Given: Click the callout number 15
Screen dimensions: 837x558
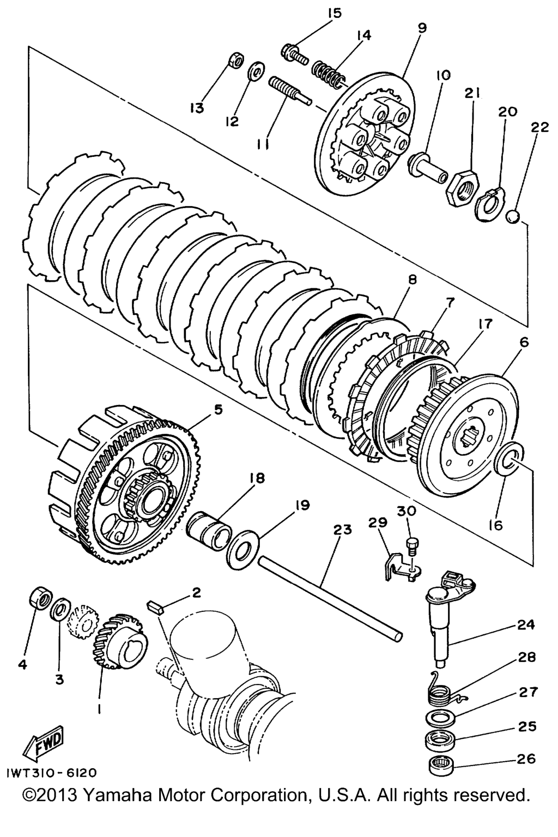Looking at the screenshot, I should pyautogui.click(x=335, y=13).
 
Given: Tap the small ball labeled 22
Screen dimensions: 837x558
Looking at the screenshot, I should pyautogui.click(x=513, y=216).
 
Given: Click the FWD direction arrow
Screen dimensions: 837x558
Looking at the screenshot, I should pyautogui.click(x=43, y=742).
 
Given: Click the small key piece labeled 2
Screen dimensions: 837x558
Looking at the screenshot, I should pyautogui.click(x=156, y=606).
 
